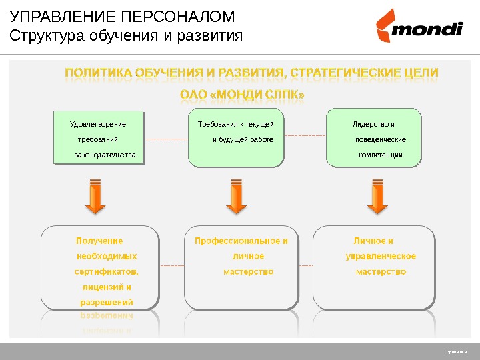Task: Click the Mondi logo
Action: (418, 26)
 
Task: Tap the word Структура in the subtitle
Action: (46, 35)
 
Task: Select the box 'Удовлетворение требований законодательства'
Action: (99, 139)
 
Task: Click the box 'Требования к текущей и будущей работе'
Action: (236, 139)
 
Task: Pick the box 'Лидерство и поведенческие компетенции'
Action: (375, 139)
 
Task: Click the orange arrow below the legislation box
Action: (96, 197)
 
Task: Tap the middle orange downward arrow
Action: (236, 197)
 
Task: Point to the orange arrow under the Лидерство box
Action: (377, 197)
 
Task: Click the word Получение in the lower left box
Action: (99, 241)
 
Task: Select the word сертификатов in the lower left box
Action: (107, 271)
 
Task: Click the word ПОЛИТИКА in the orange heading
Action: (98, 72)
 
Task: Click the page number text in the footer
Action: (456, 351)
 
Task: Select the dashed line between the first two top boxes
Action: (166, 139)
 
